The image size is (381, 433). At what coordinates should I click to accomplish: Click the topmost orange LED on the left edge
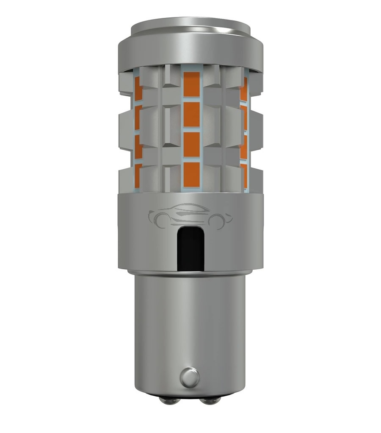point(138,89)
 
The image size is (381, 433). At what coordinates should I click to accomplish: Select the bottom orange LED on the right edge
point(244,173)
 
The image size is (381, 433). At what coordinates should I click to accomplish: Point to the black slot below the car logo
point(191,249)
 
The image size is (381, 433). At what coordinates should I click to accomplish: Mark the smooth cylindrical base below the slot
point(191,322)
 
